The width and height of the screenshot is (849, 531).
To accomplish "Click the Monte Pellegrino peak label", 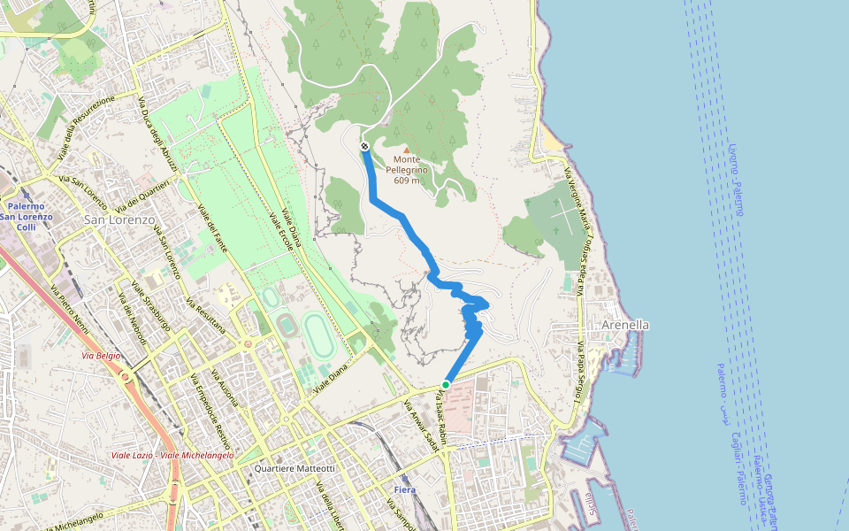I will (x=407, y=170).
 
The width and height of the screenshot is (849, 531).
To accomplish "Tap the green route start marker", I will (x=446, y=385).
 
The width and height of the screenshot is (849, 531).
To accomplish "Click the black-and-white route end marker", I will (x=364, y=146).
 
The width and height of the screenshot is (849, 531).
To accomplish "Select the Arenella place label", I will (x=625, y=325).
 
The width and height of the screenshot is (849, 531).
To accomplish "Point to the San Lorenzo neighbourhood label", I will (x=119, y=219).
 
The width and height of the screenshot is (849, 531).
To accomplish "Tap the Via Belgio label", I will (x=100, y=356).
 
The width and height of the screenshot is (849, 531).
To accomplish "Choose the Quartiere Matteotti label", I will (x=294, y=468).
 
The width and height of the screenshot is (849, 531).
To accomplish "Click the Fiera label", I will (x=403, y=489).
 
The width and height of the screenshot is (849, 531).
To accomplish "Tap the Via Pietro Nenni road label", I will (x=70, y=306).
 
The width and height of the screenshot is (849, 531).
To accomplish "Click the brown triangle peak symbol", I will (x=407, y=150).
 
